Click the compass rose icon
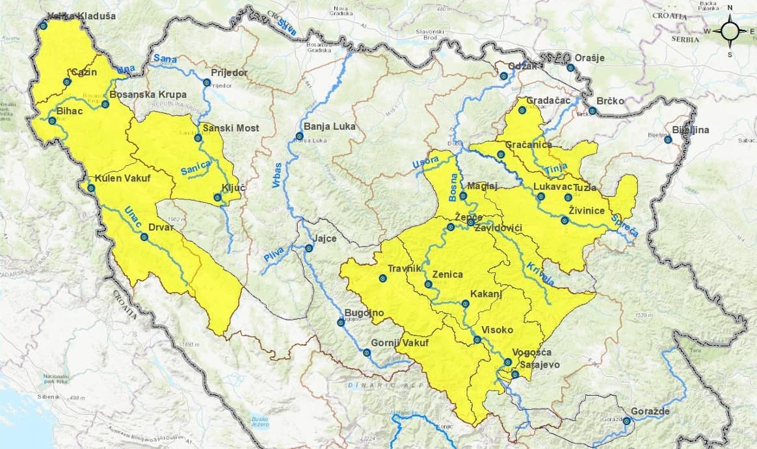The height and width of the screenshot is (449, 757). (x=730, y=31)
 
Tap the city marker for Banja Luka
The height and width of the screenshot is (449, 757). (x=300, y=136)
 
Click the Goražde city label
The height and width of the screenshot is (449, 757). (x=650, y=411)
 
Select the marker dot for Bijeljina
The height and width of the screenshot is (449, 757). (x=668, y=139)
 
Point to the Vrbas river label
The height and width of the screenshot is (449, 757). (x=275, y=175)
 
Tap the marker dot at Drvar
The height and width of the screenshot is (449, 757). (x=144, y=237)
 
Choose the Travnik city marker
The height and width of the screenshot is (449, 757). (x=383, y=279)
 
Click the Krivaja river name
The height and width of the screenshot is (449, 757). (x=540, y=275)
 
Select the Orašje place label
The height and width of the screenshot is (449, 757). (x=590, y=58)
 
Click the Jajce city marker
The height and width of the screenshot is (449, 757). (x=310, y=248)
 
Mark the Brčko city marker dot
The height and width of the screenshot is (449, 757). (x=592, y=110)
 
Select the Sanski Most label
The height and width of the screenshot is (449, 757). (x=230, y=128)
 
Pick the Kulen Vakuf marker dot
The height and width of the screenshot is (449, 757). (x=91, y=188)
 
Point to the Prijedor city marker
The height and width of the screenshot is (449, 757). (x=207, y=83)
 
